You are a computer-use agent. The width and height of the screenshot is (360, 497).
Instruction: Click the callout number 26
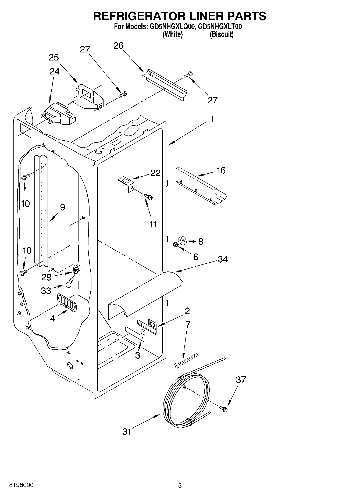[x=118, y=46]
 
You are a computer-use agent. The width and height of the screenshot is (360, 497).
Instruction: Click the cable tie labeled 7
[x=186, y=360]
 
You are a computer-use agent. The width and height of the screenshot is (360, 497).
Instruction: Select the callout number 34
[x=223, y=259]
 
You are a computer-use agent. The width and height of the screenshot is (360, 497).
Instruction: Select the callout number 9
[x=62, y=207]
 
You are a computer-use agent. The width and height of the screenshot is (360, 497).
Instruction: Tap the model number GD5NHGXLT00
[x=220, y=27]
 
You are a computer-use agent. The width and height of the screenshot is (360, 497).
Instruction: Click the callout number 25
[x=54, y=58]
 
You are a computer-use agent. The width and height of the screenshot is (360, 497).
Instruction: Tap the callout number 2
[x=187, y=311]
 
